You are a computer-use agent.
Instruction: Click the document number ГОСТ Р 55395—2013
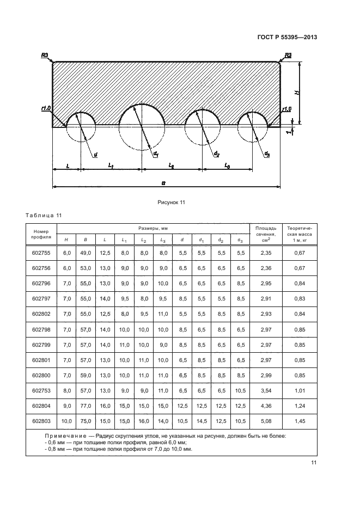tap(287, 37)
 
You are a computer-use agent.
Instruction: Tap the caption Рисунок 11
tap(172, 203)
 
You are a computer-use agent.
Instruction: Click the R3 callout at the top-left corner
tap(45, 55)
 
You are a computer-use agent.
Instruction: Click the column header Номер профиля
tap(41, 234)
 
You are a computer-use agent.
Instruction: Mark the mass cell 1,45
tap(299, 421)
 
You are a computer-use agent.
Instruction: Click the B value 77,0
tap(85, 406)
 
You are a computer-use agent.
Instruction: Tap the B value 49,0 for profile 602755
tap(85, 253)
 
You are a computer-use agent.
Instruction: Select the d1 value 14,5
tap(201, 421)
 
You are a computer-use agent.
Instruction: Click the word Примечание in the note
tap(66, 436)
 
